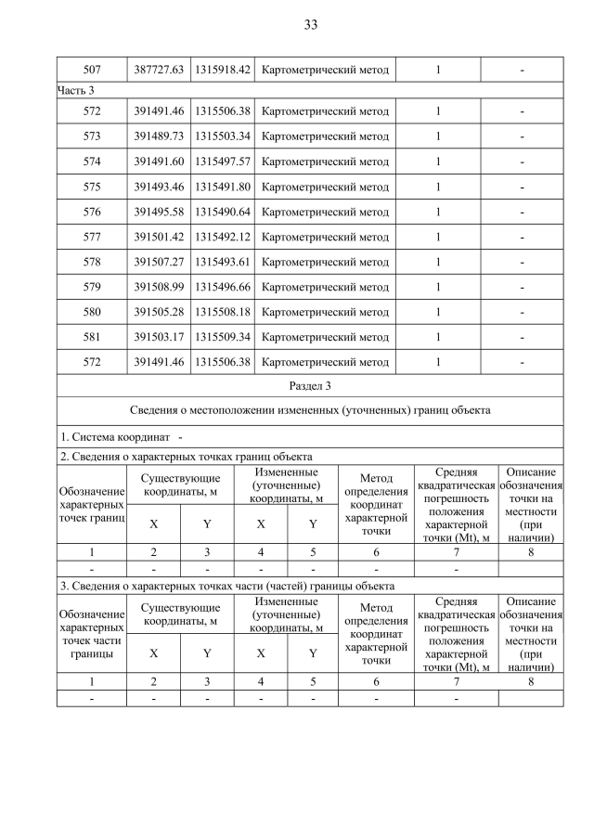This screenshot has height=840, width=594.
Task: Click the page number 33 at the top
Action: tap(310, 25)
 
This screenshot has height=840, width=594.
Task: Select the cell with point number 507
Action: tap(91, 70)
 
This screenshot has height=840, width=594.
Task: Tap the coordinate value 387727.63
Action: tap(159, 70)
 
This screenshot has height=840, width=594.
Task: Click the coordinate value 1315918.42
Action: tap(223, 70)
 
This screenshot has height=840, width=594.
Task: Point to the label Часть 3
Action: tap(77, 90)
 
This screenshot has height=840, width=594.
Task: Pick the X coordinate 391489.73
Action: tap(159, 136)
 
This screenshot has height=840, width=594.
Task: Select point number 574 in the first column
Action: tap(91, 162)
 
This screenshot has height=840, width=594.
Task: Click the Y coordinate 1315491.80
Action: tap(223, 187)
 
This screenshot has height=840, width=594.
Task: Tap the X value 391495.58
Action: tap(159, 212)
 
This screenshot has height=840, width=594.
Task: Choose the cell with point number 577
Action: tap(91, 237)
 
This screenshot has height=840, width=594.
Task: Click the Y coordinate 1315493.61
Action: tap(223, 262)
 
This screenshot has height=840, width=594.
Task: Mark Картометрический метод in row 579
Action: tap(326, 287)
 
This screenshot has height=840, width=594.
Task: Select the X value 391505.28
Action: tap(159, 312)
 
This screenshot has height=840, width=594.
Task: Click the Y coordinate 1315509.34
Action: tap(223, 337)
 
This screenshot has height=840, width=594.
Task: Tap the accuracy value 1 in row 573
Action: tap(437, 136)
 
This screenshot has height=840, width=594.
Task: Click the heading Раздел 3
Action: tap(310, 383)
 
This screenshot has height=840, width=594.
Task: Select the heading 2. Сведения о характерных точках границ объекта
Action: tap(186, 456)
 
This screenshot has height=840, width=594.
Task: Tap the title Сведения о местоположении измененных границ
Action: tap(310, 409)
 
